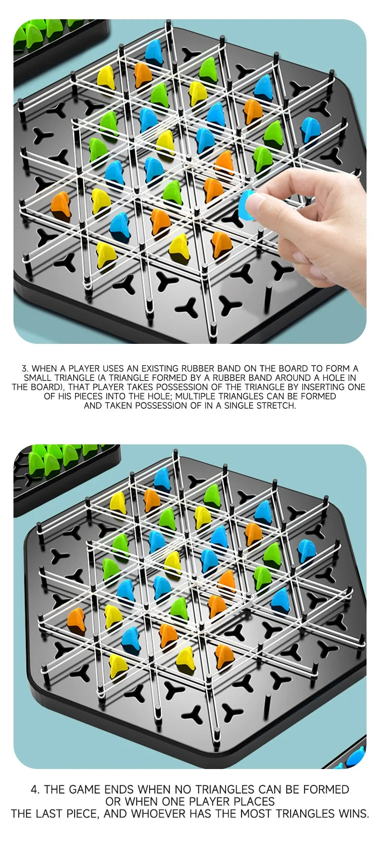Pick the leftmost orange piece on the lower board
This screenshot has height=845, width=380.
(76, 619)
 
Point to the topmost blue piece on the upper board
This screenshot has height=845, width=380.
(154, 52)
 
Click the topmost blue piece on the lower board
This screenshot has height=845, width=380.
(162, 479)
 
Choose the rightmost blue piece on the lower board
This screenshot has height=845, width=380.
(306, 550)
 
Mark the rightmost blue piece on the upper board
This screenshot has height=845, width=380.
(311, 129)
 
